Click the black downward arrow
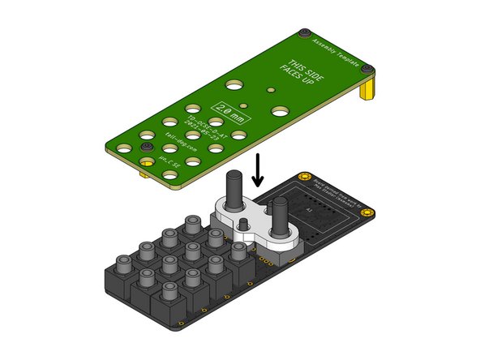tap(258, 168)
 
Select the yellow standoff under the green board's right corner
tap(370, 86)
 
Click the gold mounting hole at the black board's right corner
tap(369, 213)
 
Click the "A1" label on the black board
tap(308, 208)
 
